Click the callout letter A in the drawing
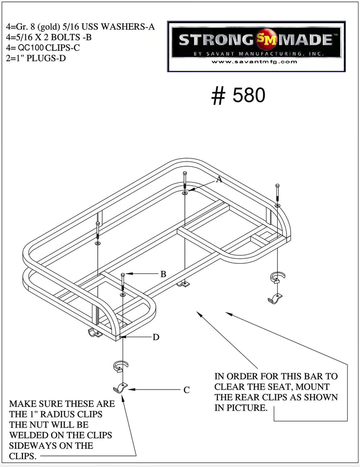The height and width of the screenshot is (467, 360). click(219, 180)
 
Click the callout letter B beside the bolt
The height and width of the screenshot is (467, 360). click(163, 274)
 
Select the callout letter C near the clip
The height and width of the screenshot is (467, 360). click(186, 390)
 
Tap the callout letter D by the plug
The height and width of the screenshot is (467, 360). click(156, 337)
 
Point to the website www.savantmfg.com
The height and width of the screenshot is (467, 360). click(254, 62)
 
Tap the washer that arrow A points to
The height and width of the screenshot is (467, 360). click(185, 193)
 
